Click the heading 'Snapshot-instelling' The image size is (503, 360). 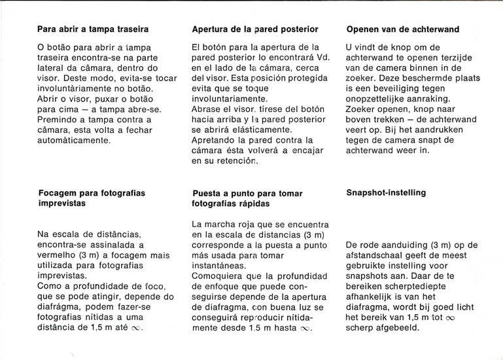[385, 192]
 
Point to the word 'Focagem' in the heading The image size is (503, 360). [56, 193]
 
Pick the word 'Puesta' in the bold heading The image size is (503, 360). [207, 193]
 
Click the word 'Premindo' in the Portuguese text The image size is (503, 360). [57, 120]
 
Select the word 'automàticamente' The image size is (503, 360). [74, 140]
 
